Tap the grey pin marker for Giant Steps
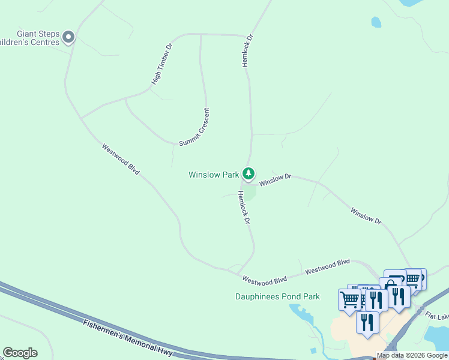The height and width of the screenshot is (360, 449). (68, 38)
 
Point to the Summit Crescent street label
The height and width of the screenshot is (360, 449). (194, 127)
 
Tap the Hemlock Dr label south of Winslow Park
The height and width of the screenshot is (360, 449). (243, 207)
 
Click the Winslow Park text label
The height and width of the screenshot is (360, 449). (214, 175)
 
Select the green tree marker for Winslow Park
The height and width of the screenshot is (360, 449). (249, 174)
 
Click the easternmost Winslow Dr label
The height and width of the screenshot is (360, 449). (366, 216)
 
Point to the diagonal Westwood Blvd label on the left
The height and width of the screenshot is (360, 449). (121, 159)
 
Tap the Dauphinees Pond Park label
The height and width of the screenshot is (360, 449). (277, 296)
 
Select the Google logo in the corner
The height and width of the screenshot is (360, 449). (20, 353)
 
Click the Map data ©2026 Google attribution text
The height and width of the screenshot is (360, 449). (412, 355)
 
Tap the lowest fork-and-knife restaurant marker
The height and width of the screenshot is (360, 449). (367, 322)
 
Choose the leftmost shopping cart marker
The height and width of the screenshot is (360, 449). (349, 298)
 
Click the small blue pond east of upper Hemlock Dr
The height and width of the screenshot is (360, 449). (376, 23)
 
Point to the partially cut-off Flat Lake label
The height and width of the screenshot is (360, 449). (437, 315)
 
